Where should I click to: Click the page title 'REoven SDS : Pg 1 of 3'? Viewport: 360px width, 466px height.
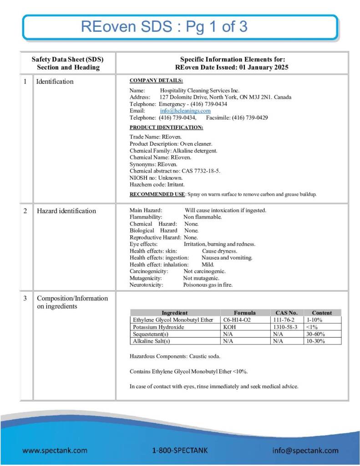[164, 26]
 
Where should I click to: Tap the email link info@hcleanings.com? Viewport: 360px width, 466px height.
[185, 111]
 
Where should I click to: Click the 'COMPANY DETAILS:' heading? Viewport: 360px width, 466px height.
[156, 81]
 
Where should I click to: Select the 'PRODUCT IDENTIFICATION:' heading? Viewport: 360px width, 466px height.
[166, 127]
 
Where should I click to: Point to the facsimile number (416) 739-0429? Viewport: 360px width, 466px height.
[250, 117]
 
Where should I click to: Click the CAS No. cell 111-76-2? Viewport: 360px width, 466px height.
[286, 320]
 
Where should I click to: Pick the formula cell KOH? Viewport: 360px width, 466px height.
[230, 327]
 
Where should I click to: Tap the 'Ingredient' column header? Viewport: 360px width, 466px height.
[174, 313]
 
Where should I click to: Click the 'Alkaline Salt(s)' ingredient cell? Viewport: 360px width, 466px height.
[152, 341]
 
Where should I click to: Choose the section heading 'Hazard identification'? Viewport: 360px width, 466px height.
[66, 211]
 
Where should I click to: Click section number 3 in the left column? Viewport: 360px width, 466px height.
[25, 298]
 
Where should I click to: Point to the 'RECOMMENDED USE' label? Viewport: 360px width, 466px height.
[157, 194]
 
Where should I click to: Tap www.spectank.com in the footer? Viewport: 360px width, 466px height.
[55, 451]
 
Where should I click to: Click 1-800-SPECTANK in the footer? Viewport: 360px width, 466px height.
[180, 451]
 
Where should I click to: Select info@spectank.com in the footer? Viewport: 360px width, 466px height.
[305, 451]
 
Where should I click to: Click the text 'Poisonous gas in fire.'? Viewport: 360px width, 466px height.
[208, 285]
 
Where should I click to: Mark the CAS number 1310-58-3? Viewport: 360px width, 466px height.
[286, 327]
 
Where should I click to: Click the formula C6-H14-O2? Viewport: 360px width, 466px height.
[237, 320]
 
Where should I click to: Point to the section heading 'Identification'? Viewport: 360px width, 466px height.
[55, 81]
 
